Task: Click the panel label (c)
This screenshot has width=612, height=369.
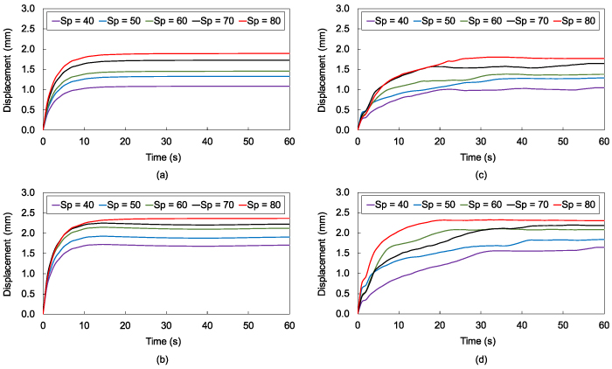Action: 480,175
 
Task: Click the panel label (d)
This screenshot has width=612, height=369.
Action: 480,359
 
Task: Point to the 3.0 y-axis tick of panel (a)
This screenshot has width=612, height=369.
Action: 31,9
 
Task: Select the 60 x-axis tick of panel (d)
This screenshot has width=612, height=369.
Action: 602,326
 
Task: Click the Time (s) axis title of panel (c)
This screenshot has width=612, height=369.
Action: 480,157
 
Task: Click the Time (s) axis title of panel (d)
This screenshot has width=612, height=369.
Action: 480,341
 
